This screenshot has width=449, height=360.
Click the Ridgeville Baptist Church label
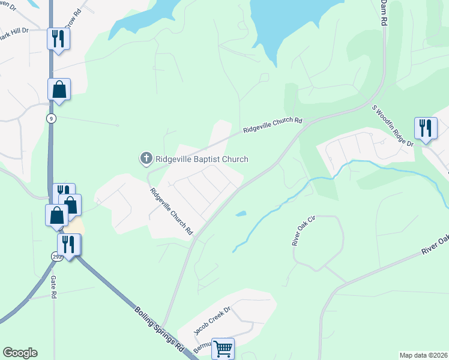point(202,159)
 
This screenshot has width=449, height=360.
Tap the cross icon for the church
point(146,158)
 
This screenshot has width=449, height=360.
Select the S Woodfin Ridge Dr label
point(393,127)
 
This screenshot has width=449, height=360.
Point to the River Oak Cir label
point(304,232)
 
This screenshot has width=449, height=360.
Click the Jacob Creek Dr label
point(212,320)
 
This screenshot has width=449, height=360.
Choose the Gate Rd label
point(53,287)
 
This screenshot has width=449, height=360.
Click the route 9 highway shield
point(51,119)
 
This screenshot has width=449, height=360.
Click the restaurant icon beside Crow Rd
point(58,39)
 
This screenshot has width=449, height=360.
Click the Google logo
point(20,353)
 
